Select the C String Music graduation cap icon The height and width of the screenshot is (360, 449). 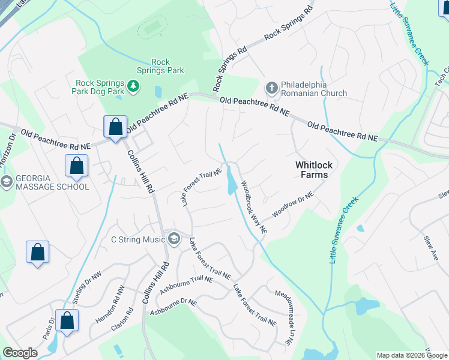[x=174, y=239]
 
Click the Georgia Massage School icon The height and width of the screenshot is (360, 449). [x=7, y=182]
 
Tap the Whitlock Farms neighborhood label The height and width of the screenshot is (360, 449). [x=312, y=169]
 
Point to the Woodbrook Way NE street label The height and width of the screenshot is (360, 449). [x=254, y=206]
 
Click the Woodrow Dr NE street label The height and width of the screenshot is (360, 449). [x=293, y=205]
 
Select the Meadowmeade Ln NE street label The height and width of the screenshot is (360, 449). [x=283, y=317]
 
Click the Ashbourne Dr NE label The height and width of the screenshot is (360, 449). [x=173, y=308]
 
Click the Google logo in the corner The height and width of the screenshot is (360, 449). [x=20, y=353]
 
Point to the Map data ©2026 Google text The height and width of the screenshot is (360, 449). [x=411, y=355]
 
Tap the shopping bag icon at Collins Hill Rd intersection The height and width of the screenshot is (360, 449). [x=115, y=127]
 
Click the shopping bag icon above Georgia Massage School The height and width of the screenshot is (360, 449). [x=76, y=166]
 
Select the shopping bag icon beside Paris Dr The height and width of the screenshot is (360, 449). [x=67, y=320]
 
